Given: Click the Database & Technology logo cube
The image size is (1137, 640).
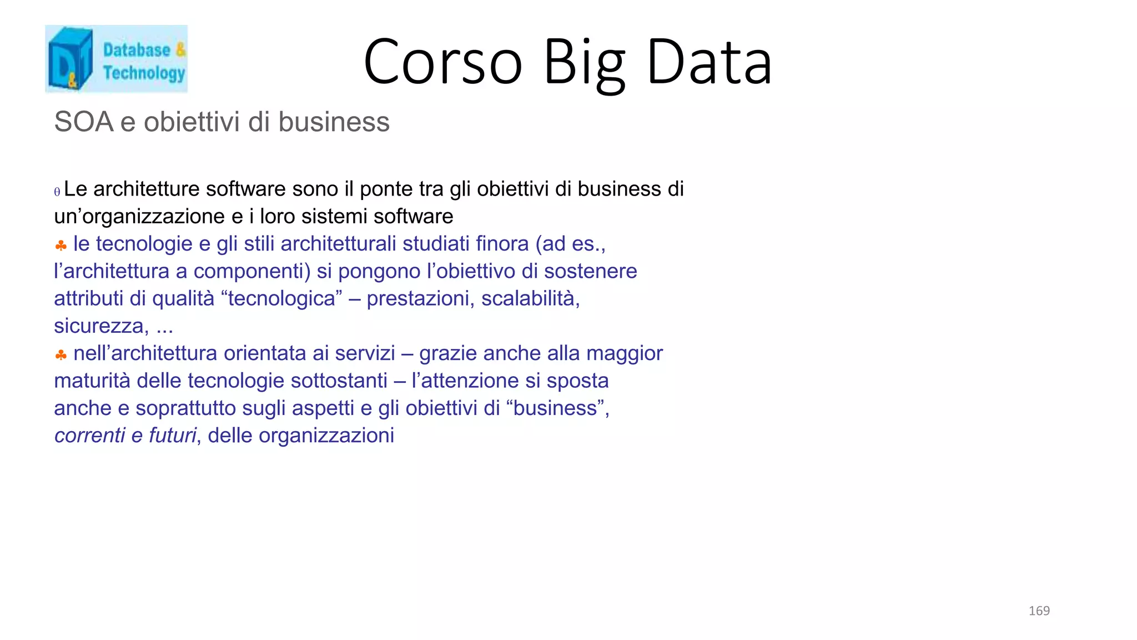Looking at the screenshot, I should pyautogui.click(x=70, y=59).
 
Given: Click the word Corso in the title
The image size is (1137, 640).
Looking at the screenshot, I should pyautogui.click(x=443, y=62).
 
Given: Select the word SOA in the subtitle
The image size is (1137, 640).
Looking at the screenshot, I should pyautogui.click(x=84, y=122).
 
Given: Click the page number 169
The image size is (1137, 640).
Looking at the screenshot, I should pyautogui.click(x=1039, y=611).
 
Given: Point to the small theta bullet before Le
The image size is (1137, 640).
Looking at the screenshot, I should pyautogui.click(x=57, y=192).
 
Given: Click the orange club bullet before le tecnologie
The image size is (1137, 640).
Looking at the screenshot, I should pyautogui.click(x=61, y=245).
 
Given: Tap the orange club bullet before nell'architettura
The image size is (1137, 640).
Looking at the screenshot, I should pyautogui.click(x=61, y=354).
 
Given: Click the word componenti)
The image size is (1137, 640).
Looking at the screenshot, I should pyautogui.click(x=252, y=271).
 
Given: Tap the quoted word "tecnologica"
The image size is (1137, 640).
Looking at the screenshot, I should pyautogui.click(x=281, y=299).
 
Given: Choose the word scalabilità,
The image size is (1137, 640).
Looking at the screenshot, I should pyautogui.click(x=530, y=299).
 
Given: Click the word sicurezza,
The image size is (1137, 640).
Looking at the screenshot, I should pyautogui.click(x=102, y=326).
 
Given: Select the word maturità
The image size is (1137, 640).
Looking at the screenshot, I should pyautogui.click(x=92, y=381).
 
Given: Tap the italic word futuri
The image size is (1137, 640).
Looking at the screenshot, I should pyautogui.click(x=173, y=436).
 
